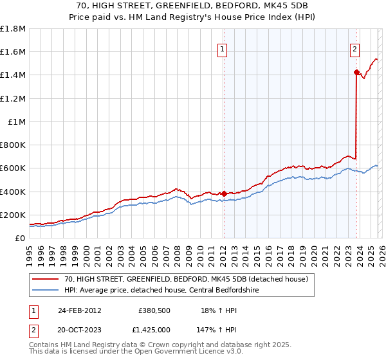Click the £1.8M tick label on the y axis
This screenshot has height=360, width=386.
pos(13,29)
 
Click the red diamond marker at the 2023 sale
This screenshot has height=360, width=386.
pos(356,73)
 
